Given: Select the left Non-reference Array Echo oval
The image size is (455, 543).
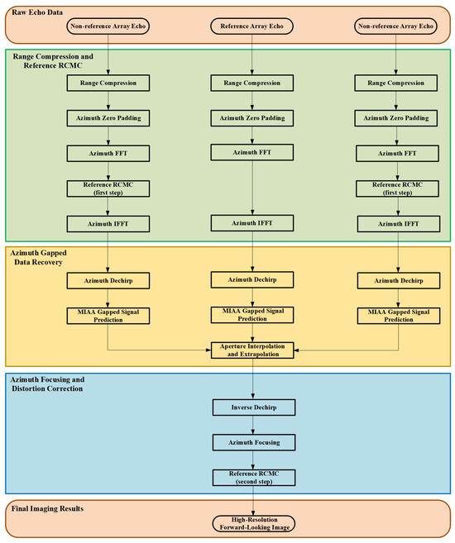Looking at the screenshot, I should tap(109, 26).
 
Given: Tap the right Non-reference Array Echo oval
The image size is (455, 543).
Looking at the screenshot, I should tap(397, 26).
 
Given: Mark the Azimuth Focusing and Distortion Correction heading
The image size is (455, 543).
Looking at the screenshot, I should tap(58, 381).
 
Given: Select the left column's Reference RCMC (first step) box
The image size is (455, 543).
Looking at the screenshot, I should tap(109, 189).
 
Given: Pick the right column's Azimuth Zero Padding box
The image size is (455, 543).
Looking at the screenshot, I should tap(397, 118).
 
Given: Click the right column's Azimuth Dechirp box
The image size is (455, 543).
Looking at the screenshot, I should tap(397, 281).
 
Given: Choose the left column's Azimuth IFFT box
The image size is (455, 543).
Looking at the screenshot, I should tap(109, 224).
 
